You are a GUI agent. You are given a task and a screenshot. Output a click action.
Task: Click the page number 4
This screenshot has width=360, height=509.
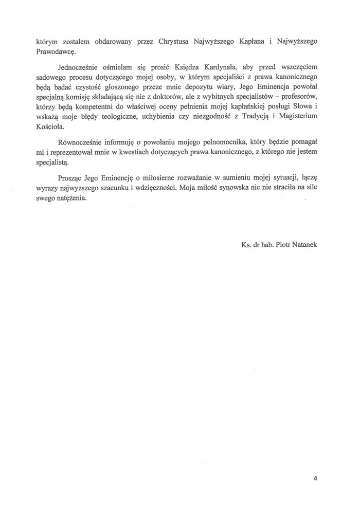pos(315,478)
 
